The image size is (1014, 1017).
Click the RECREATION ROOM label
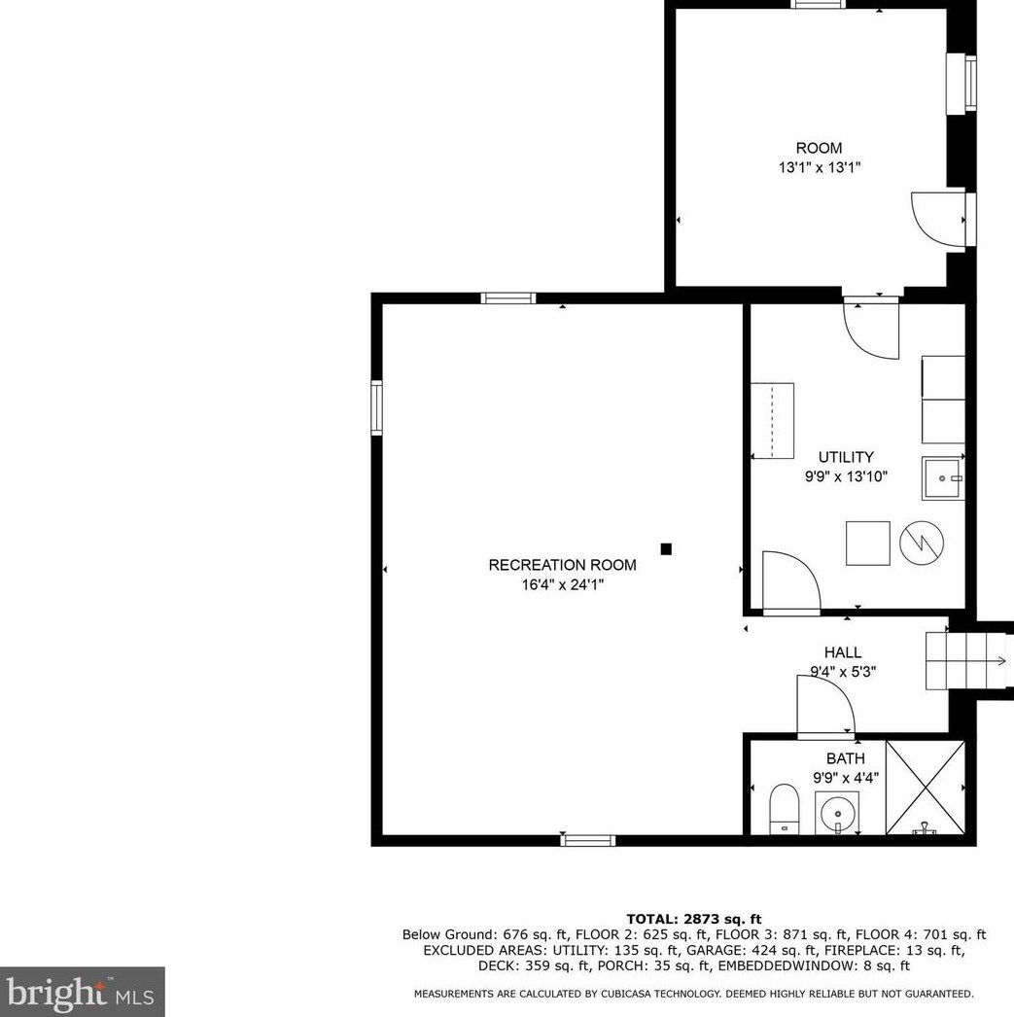tap(562, 565)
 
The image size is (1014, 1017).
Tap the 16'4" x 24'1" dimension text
tap(562, 584)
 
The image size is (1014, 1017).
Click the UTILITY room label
tap(845, 457)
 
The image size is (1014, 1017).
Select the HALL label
tap(843, 652)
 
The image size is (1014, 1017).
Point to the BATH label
tap(845, 758)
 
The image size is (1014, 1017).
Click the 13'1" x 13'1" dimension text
tap(819, 167)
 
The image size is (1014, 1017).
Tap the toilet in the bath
tap(784, 809)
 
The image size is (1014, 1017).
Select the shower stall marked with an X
tap(926, 788)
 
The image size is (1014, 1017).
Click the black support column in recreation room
tap(666, 549)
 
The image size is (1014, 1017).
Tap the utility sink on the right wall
tap(943, 478)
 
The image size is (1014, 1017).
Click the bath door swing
tap(824, 706)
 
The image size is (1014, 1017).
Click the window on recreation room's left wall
tap(377, 408)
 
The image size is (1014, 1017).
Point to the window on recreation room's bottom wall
tap(589, 839)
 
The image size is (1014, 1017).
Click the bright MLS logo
tap(82, 992)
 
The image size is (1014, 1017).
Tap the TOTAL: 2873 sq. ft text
tap(693, 919)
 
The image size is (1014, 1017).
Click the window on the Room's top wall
tap(819, 4)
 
